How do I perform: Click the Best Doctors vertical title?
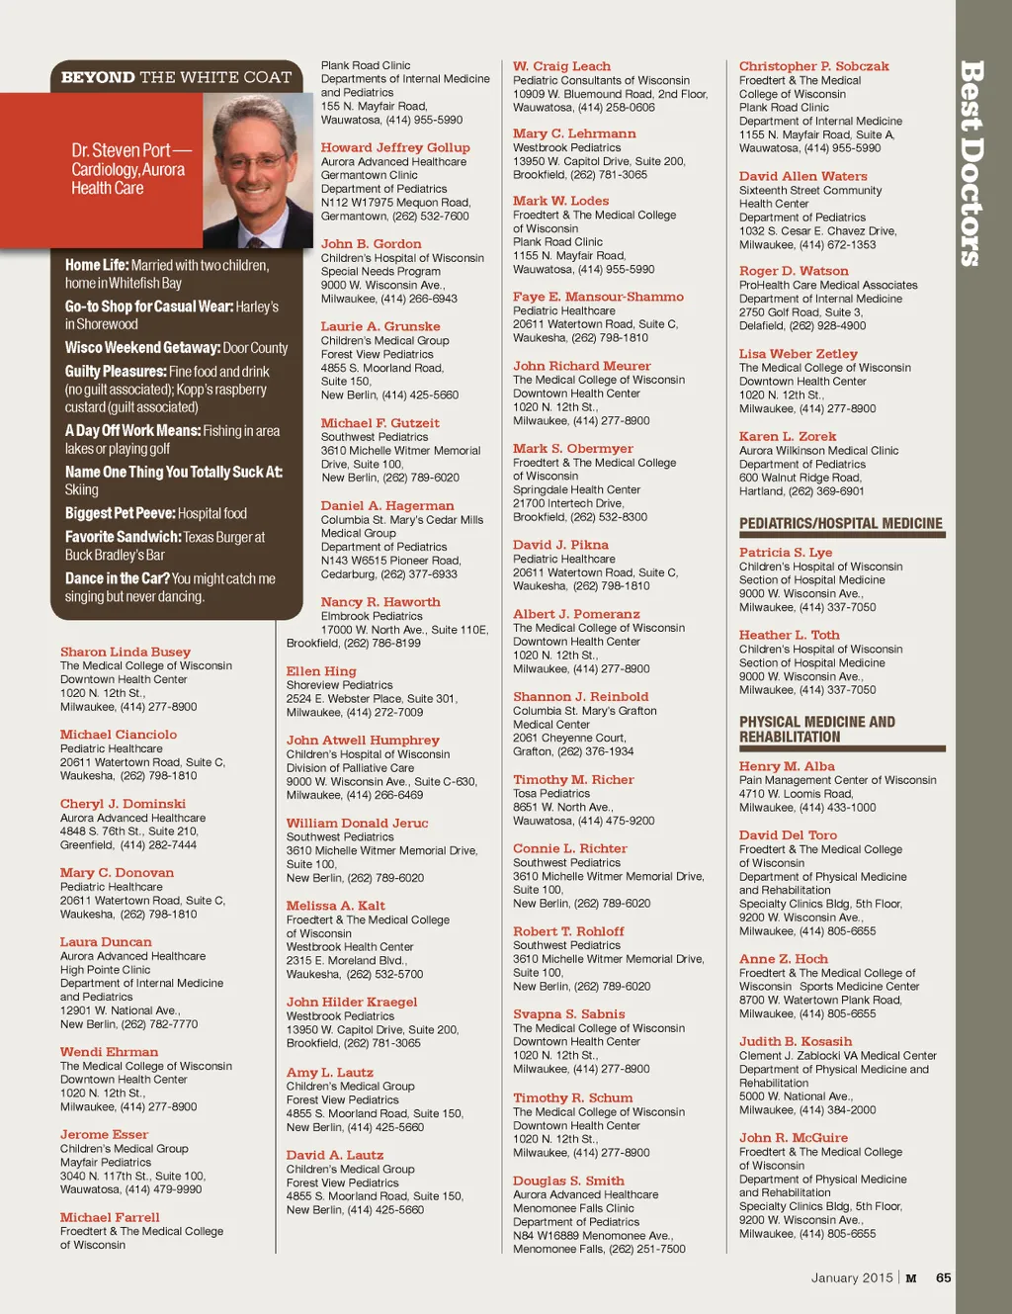click(x=971, y=163)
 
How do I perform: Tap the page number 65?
click(x=944, y=1277)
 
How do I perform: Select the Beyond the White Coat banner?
click(x=176, y=77)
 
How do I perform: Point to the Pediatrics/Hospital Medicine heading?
click(x=840, y=524)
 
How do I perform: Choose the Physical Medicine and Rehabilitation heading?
click(x=817, y=730)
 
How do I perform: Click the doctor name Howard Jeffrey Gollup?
click(x=395, y=147)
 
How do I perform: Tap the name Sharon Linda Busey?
click(x=126, y=652)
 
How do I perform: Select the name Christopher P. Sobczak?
click(x=813, y=66)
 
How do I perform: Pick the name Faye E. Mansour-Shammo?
click(x=598, y=297)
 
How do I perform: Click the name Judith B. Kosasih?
click(x=796, y=1041)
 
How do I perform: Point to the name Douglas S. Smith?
click(x=568, y=1181)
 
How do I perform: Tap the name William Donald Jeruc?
click(x=357, y=823)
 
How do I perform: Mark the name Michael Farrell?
click(x=110, y=1217)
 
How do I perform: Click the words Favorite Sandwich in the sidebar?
click(x=123, y=537)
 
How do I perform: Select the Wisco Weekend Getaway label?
click(x=142, y=348)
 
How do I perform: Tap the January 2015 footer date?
click(x=851, y=1277)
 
